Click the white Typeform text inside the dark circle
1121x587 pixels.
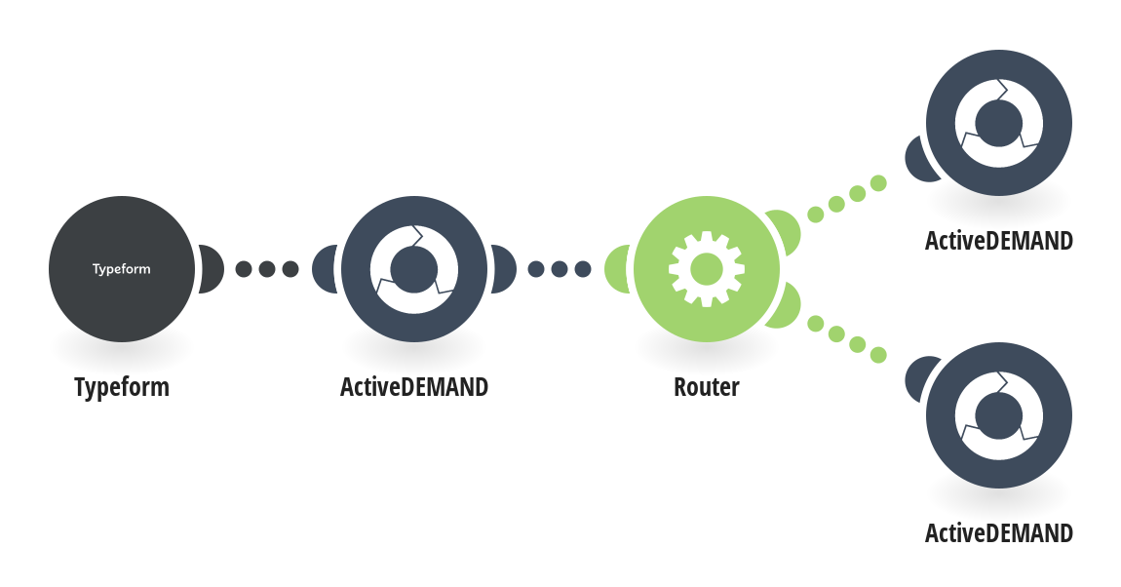[x=122, y=269]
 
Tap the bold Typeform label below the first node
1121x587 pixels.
[x=122, y=387]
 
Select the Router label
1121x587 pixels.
[x=707, y=387]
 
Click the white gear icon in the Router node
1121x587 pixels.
[x=707, y=269]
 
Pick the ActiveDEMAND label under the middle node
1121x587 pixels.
[x=414, y=387]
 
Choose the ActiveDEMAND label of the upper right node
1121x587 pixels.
[x=999, y=241]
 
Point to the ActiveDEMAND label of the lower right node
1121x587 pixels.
[x=999, y=533]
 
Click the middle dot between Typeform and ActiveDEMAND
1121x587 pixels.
[x=267, y=269]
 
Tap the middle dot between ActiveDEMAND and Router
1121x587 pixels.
[x=560, y=269]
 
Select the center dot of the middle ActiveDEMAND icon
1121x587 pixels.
[x=414, y=269]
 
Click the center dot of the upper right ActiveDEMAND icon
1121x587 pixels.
[x=999, y=123]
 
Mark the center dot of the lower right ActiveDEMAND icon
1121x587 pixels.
[x=999, y=415]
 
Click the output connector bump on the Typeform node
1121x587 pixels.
[x=211, y=269]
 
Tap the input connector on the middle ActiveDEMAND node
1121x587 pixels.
[x=326, y=269]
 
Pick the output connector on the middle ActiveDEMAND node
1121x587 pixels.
[x=503, y=269]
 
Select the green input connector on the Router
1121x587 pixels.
[x=618, y=269]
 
